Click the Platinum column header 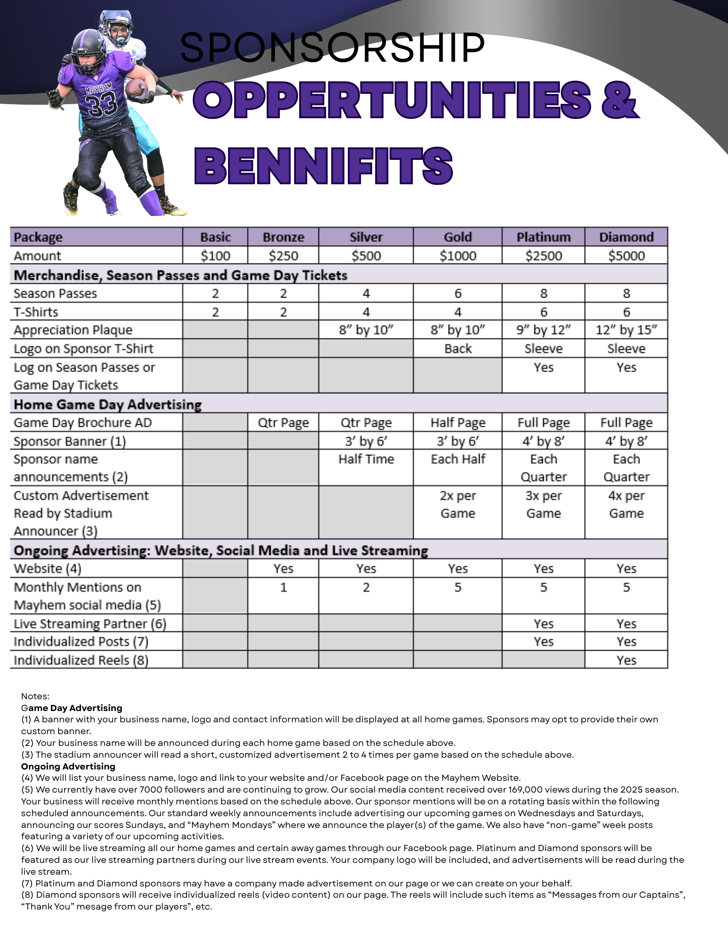tap(543, 237)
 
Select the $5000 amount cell tap(626, 256)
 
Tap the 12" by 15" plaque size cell tap(626, 330)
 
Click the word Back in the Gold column tap(458, 348)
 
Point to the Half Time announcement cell tap(366, 459)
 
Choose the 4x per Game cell tap(626, 505)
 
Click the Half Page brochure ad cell tap(458, 422)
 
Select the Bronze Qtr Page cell tap(283, 422)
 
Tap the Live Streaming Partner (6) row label tap(90, 623)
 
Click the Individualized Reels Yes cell tap(626, 660)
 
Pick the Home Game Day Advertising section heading tap(107, 404)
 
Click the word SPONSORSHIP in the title tap(332, 48)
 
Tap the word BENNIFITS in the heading tap(324, 166)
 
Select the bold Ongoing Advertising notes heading tap(68, 766)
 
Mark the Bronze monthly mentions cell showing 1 tap(283, 587)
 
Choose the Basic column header tap(215, 237)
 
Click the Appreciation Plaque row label tap(73, 330)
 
